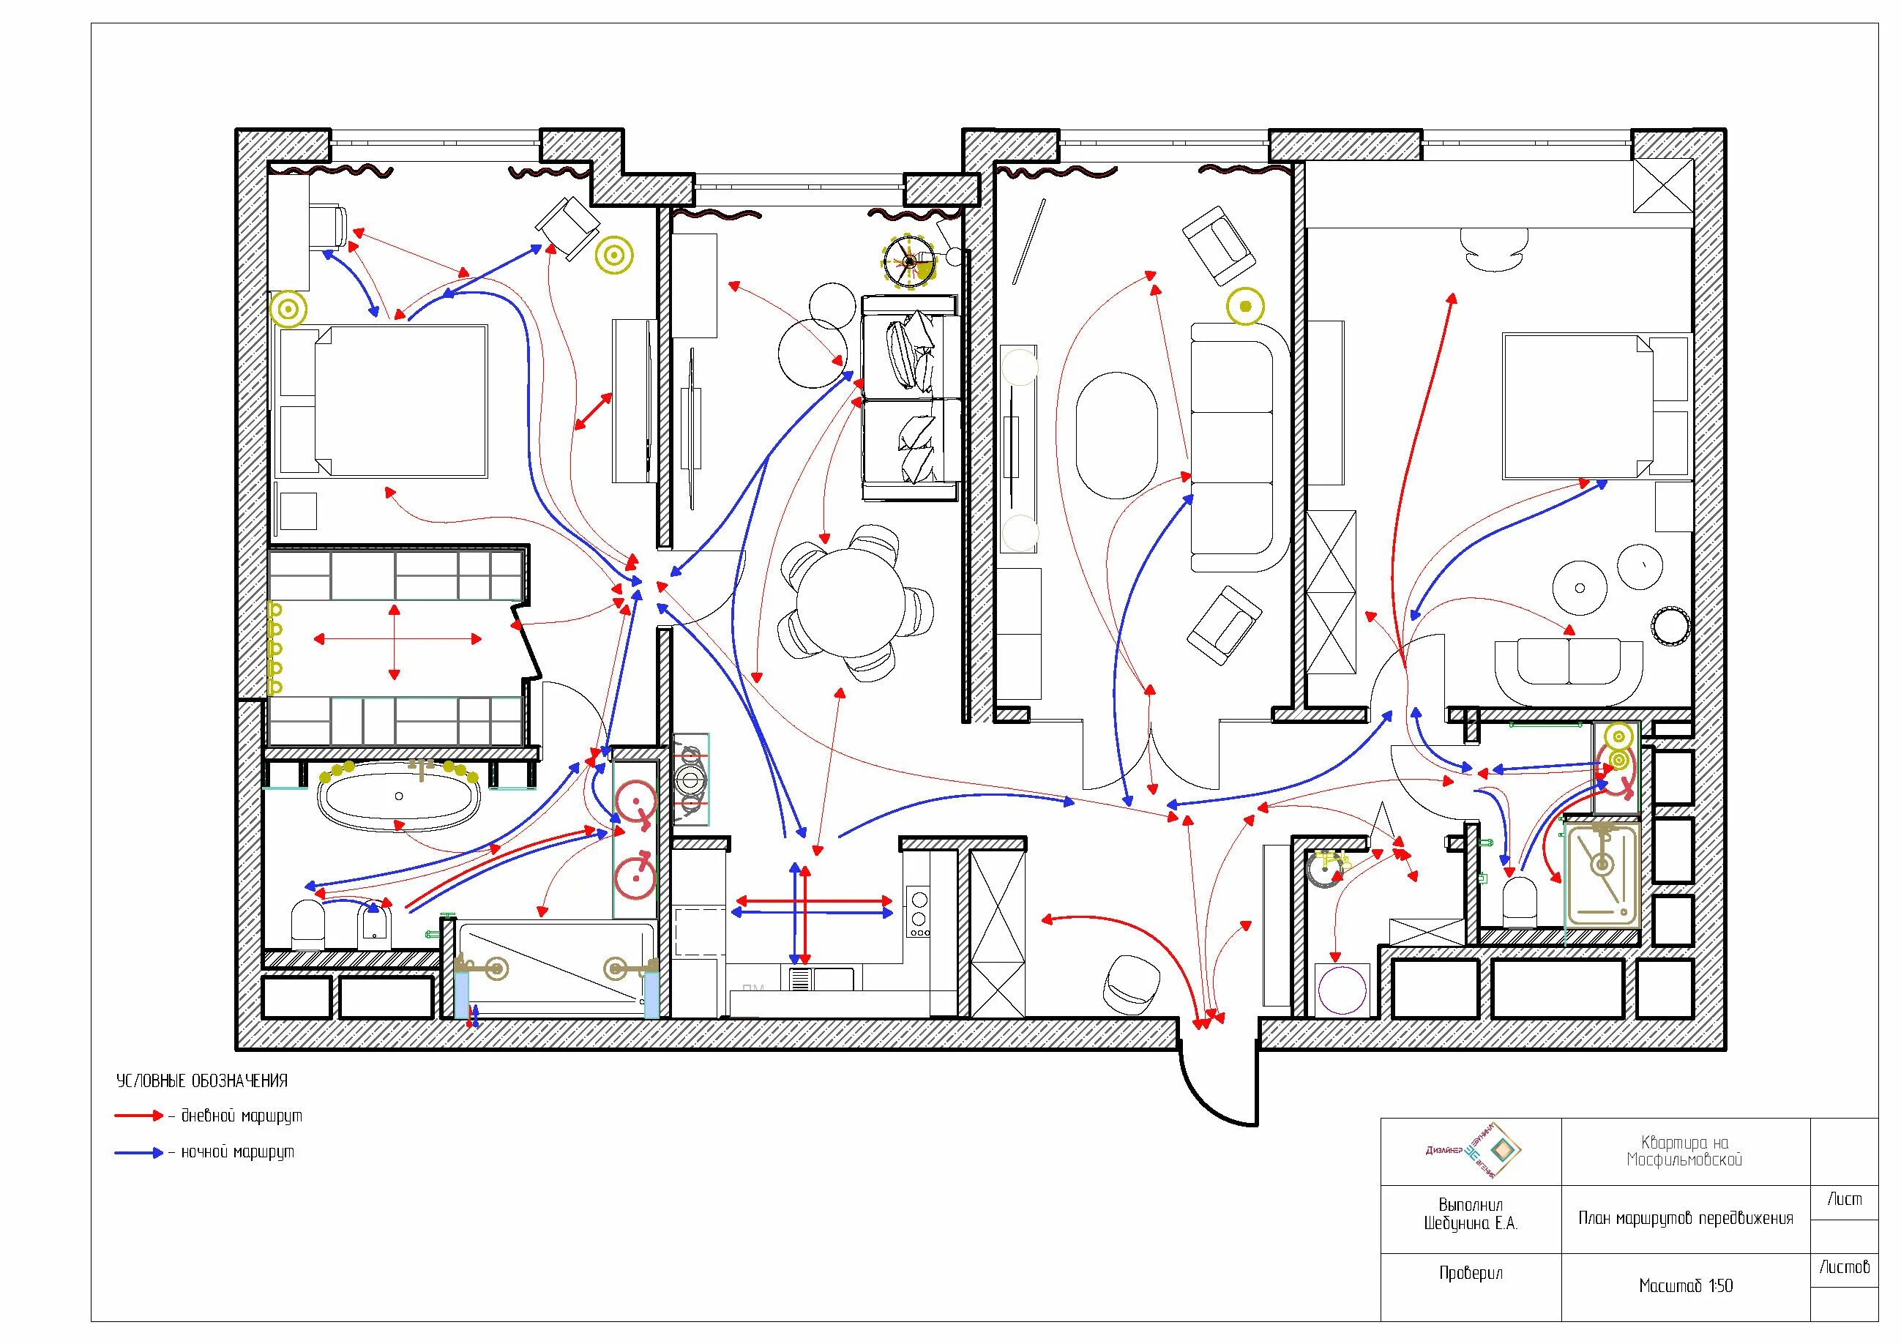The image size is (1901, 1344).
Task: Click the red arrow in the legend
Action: (x=139, y=1116)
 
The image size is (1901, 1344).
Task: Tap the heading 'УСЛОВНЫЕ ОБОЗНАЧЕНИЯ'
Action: (x=202, y=1080)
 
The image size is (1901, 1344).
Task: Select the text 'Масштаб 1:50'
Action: (x=1685, y=1286)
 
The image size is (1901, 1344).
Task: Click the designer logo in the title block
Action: (x=1474, y=1151)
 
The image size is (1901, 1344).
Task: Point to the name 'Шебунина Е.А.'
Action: (x=1471, y=1223)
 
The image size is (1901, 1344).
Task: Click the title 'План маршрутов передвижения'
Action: (x=1686, y=1218)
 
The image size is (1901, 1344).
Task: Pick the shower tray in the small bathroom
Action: (x=1603, y=873)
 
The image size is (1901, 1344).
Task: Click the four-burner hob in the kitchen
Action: (x=918, y=911)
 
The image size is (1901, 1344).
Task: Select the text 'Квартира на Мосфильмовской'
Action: (x=1685, y=1151)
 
